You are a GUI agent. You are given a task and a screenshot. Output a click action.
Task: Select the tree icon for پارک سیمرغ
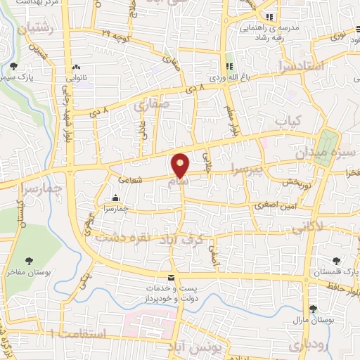click(x=14, y=66)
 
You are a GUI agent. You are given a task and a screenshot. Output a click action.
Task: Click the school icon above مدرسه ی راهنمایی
click(x=268, y=17)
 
